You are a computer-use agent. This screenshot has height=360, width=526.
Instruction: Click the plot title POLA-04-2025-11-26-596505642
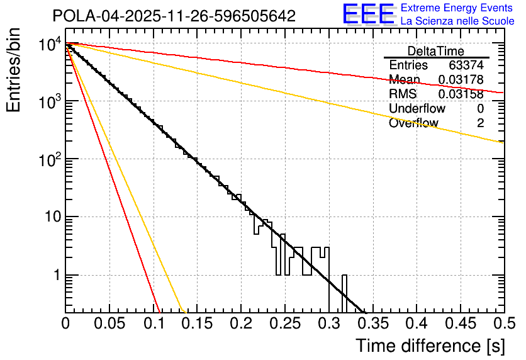tap(174, 16)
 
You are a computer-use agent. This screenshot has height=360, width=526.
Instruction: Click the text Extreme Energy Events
tap(457, 8)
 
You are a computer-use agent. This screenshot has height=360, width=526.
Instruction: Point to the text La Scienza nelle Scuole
tap(457, 21)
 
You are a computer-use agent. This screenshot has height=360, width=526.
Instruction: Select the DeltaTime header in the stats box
tap(436, 51)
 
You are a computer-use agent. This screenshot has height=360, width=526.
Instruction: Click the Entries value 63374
tap(466, 65)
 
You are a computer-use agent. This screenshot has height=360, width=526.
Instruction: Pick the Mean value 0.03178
tap(461, 80)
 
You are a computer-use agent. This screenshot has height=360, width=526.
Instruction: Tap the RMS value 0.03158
tap(461, 94)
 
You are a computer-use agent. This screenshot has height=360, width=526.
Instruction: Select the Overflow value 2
tap(480, 123)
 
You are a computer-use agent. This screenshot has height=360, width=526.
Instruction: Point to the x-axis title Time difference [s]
tap(429, 346)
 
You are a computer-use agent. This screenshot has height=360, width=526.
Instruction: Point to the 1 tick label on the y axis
tap(55, 276)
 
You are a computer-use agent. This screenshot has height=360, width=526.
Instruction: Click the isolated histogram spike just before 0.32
tap(344, 293)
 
